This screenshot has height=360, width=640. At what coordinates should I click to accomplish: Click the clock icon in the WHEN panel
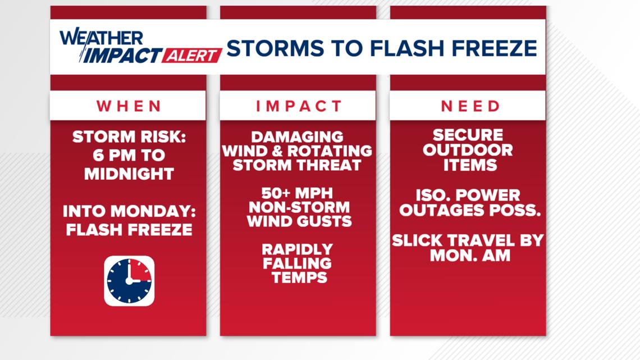129,281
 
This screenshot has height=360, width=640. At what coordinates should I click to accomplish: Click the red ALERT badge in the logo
191,56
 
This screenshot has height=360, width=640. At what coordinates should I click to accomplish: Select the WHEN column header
129,106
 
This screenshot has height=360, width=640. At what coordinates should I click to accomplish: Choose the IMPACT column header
298,106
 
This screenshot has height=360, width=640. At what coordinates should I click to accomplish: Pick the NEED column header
470,106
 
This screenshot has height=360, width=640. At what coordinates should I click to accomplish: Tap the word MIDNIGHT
129,174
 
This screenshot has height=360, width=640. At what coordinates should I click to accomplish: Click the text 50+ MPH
297,193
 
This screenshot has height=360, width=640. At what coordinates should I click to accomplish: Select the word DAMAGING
297,136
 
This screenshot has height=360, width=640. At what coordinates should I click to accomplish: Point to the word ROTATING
330,151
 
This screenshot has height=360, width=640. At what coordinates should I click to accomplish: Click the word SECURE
468,135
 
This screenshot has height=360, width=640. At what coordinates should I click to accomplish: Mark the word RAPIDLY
297,249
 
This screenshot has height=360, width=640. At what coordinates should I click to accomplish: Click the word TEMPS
300,277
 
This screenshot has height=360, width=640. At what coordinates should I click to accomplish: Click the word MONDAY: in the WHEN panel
153,211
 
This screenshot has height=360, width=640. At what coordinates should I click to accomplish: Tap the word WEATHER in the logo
101,38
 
